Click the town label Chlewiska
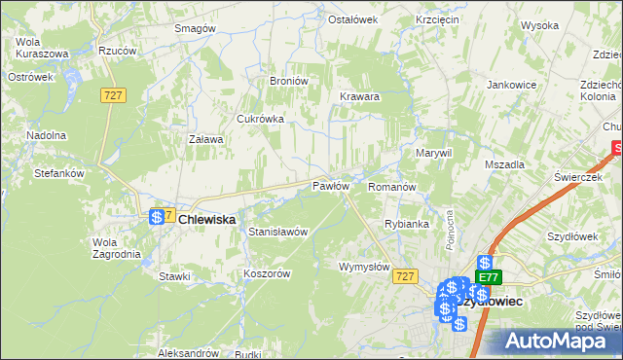click(206, 220)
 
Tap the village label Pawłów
click(330, 185)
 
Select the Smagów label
click(194, 28)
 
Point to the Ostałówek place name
click(351, 19)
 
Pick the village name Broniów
click(288, 81)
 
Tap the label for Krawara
click(359, 97)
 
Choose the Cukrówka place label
click(260, 119)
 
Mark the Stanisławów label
click(278, 232)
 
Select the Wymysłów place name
click(363, 267)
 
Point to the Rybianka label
click(407, 224)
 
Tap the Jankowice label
click(512, 85)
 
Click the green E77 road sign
click(488, 277)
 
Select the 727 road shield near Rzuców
click(112, 92)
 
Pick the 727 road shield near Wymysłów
click(407, 276)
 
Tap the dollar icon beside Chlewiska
click(157, 218)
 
